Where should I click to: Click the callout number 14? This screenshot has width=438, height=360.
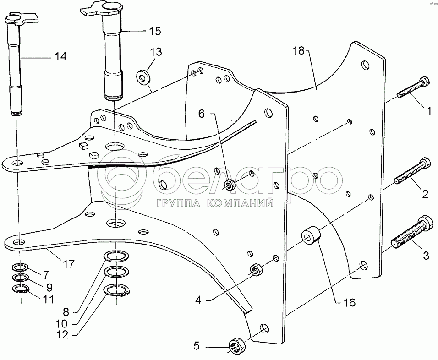pos(60,56)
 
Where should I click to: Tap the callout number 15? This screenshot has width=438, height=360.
pos(155,31)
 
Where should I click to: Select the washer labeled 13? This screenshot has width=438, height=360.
pos(143,76)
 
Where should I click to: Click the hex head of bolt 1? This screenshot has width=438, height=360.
pos(424,81)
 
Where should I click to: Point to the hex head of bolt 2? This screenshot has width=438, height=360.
pos(425,162)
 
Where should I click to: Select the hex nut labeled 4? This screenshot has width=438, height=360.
pos(255,270)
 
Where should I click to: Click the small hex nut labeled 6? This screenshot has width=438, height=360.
pos(230,185)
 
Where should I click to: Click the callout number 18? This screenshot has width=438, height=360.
pos(298,51)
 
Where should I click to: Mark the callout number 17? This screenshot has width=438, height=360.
pos(69,263)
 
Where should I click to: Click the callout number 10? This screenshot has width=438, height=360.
pos(61,324)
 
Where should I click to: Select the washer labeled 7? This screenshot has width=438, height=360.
pos(20,267)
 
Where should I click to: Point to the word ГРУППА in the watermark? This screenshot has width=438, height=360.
pos(179,203)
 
